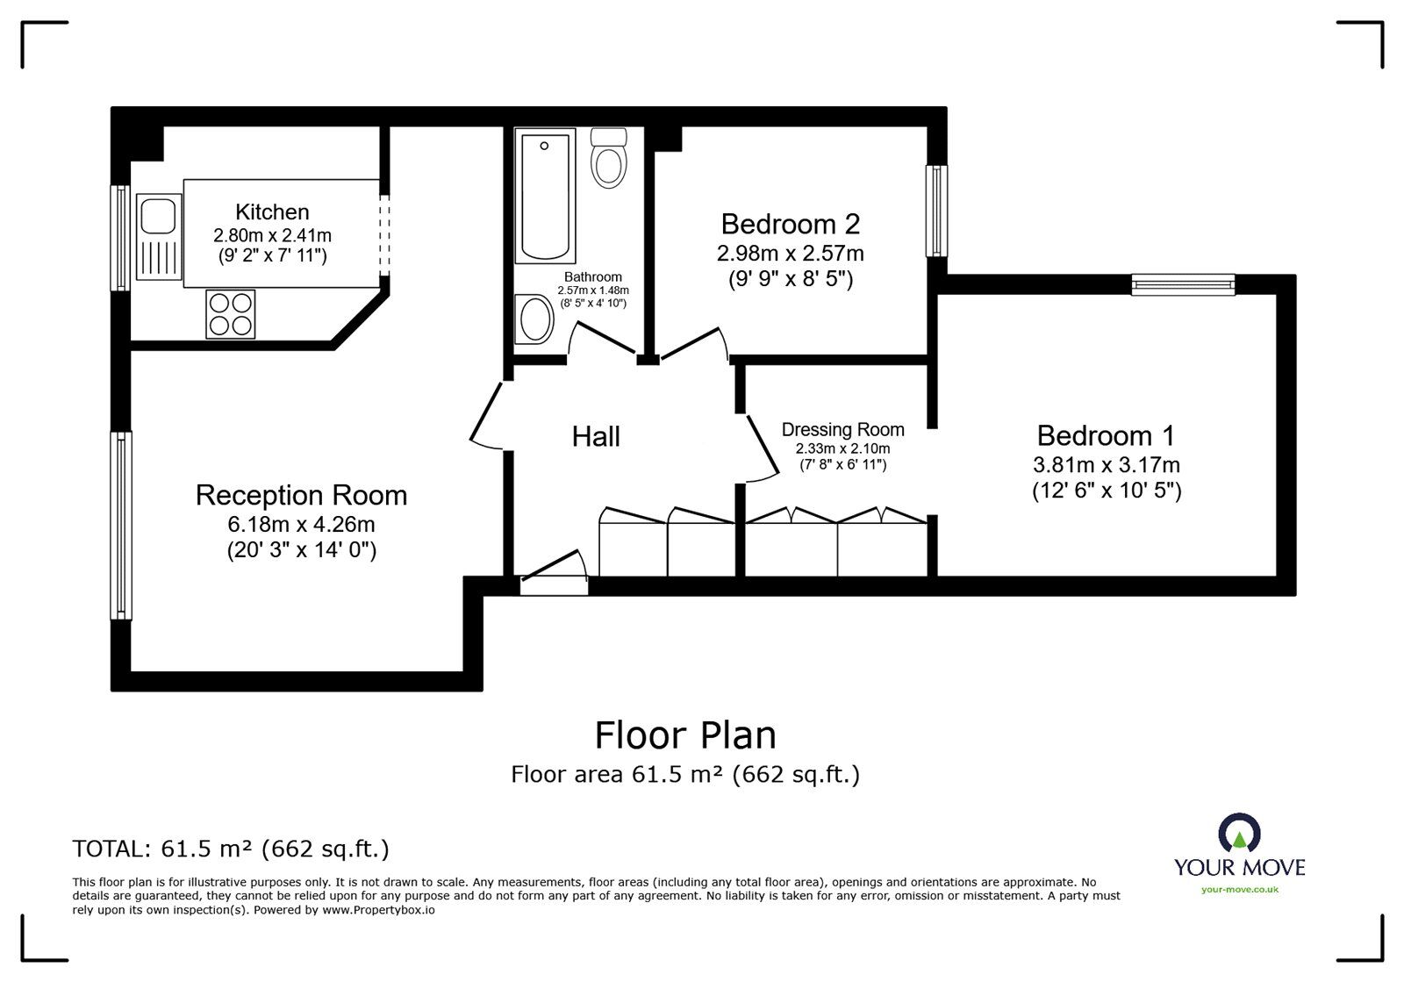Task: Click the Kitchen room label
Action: point(272,211)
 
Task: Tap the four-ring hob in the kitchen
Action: point(231,314)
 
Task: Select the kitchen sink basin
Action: point(158,216)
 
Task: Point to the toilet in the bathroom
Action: point(609,158)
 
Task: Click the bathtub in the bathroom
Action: point(545,196)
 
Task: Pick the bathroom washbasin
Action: point(534,319)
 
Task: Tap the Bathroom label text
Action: point(593,277)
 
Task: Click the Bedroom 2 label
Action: point(791,224)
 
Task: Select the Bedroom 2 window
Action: point(937,211)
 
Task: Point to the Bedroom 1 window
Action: point(1184,284)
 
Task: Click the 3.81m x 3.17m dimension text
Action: point(1107,465)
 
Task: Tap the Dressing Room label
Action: point(843,429)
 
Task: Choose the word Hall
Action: point(596,436)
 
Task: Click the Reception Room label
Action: point(302,495)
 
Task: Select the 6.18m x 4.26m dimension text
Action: point(302,524)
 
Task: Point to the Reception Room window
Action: point(121,525)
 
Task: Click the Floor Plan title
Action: point(685,735)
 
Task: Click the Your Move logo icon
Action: point(1239,833)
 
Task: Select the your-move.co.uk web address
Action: point(1240,890)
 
